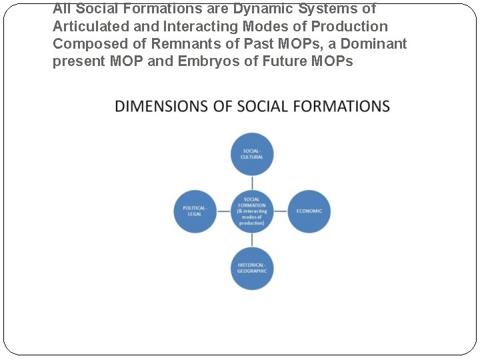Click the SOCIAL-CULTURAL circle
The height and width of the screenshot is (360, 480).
point(252,154)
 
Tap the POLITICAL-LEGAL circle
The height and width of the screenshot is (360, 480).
point(195,211)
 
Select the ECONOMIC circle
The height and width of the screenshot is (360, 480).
point(309,211)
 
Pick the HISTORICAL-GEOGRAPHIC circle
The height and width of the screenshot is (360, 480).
point(252,268)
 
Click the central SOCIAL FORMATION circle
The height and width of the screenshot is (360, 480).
point(252,211)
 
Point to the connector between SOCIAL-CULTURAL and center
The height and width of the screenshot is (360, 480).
point(252,182)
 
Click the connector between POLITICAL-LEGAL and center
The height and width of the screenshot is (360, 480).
point(223,211)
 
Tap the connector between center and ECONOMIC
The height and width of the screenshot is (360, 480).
point(280,211)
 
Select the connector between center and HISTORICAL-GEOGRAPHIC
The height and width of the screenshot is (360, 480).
point(252,240)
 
